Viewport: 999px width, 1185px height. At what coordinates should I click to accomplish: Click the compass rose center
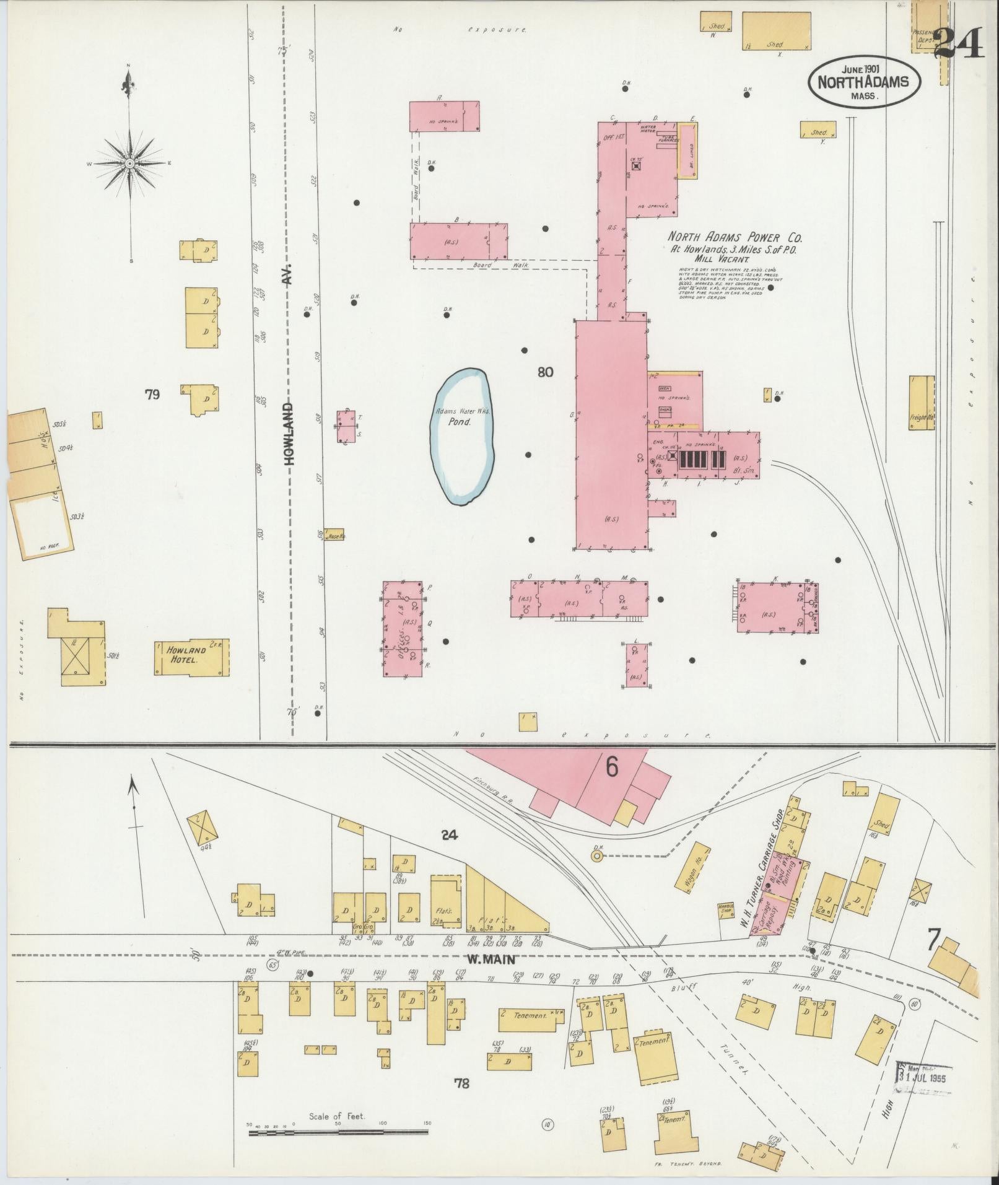130,164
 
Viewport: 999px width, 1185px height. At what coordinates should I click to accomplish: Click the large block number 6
611,767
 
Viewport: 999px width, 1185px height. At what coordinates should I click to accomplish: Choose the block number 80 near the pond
545,372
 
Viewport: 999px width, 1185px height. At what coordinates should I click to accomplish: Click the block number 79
152,394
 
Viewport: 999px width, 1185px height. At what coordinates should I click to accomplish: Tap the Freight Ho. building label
922,417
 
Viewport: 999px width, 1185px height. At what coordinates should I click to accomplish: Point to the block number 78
461,1083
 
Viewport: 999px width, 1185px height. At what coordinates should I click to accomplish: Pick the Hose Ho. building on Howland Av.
334,536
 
